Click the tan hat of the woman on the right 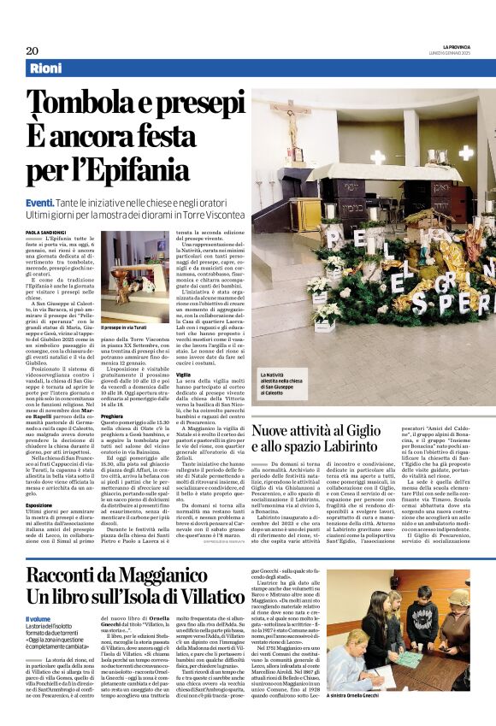(x=459, y=598)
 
